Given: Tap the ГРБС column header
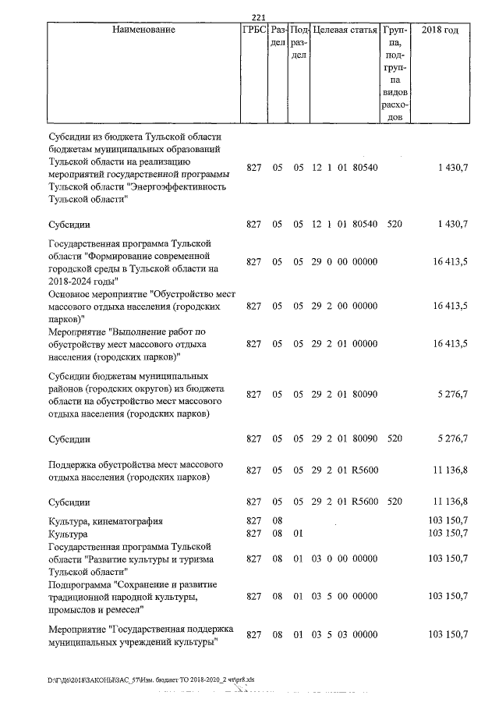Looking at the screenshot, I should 254,30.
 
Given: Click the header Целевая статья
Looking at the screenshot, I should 345,30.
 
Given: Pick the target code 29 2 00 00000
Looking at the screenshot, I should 345,307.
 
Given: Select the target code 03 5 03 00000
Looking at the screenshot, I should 345,636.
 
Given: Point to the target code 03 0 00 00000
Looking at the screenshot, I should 345,559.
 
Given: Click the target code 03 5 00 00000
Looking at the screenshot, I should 345,597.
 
